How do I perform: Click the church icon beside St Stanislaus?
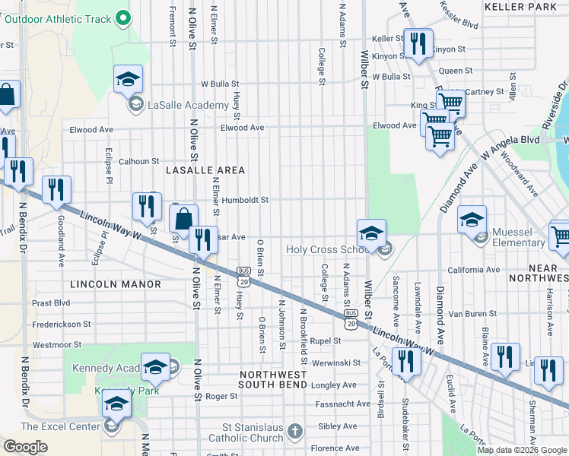click(x=296, y=431)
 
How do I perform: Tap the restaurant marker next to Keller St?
click(x=416, y=43)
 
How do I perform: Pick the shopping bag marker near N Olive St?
click(x=183, y=219)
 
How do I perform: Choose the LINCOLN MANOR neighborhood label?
click(x=115, y=284)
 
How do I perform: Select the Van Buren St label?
click(x=472, y=313)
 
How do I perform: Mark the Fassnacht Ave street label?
click(x=343, y=404)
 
